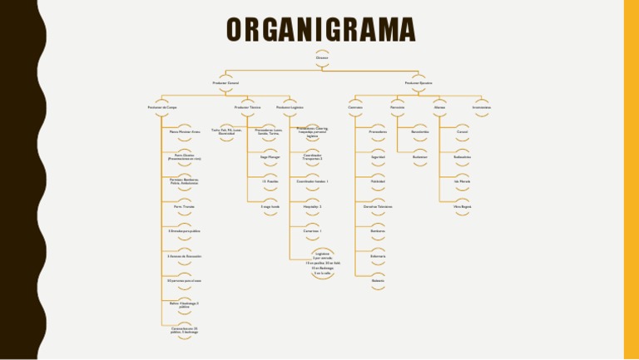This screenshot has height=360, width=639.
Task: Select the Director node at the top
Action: pos(321,58)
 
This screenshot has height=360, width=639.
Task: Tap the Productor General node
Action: pos(225,82)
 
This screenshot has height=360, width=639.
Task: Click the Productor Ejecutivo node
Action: pos(419,82)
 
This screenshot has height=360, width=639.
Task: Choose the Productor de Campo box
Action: pos(162,107)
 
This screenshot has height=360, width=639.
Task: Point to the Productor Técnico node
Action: pos(248,107)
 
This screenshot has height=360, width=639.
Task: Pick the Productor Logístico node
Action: pos(290,107)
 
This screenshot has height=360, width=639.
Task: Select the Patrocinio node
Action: pos(398,107)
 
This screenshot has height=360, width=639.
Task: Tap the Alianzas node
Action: pos(440,107)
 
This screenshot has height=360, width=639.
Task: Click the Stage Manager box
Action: pos(270,156)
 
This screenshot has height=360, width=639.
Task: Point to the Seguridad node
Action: pos(377,156)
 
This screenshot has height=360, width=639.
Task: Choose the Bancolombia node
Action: pos(419,131)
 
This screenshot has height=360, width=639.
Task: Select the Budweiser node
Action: pos(419,156)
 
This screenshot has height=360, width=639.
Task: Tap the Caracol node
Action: pos(463,131)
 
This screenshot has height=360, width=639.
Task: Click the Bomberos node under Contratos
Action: pos(377,230)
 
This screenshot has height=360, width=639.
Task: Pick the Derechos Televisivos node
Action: pos(377,205)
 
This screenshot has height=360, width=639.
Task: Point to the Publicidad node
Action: pos(377,180)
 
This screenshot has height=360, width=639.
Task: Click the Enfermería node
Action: pos(377,255)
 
